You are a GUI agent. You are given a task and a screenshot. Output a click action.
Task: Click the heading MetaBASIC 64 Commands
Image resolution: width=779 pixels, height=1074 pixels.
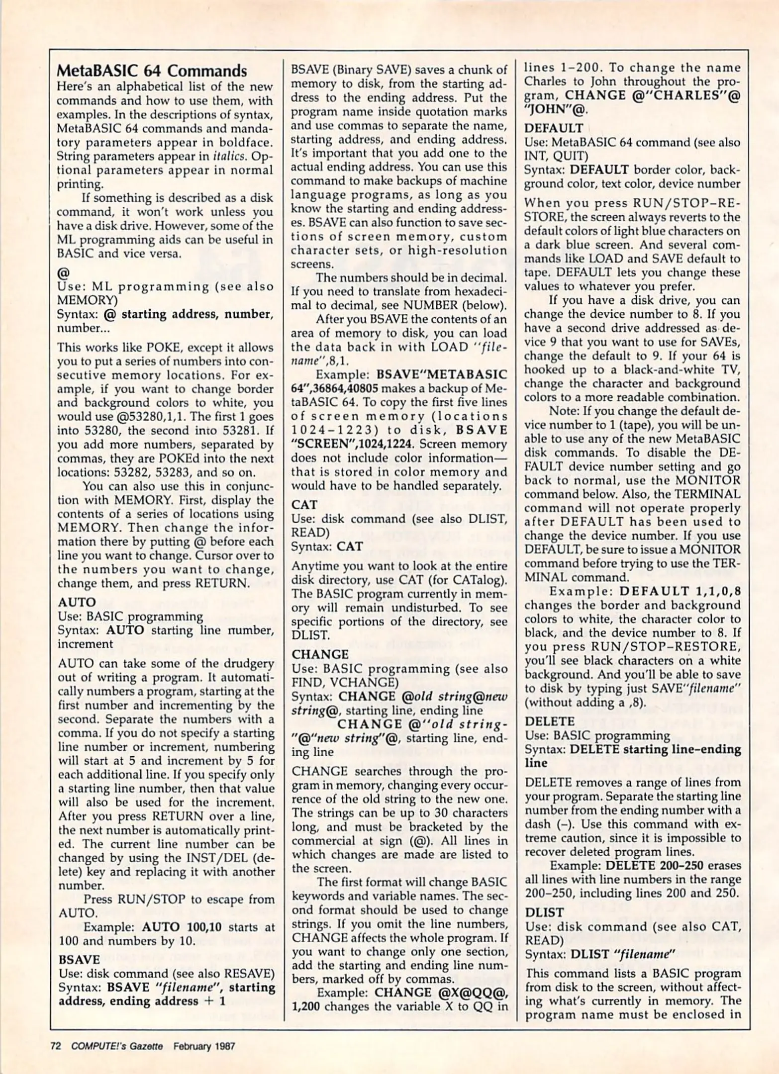point(152,71)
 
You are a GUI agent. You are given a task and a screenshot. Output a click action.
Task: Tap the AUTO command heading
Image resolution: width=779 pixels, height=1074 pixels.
point(77,602)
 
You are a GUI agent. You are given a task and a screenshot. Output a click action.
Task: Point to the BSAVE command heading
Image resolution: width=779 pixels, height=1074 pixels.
point(79,959)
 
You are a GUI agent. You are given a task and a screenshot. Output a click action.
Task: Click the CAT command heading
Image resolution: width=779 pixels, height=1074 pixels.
point(304,505)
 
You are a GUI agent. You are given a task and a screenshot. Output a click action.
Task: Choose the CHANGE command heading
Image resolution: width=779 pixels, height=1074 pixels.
point(320,654)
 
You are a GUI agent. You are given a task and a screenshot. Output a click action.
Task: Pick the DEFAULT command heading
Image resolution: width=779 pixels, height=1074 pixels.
point(554,128)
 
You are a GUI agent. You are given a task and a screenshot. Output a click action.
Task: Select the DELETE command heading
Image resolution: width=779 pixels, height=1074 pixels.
point(550,721)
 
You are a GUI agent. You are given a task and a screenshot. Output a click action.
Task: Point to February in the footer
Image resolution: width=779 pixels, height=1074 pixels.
point(192,1046)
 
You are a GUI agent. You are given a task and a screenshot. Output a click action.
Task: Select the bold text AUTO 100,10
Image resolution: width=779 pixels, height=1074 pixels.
point(182,927)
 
